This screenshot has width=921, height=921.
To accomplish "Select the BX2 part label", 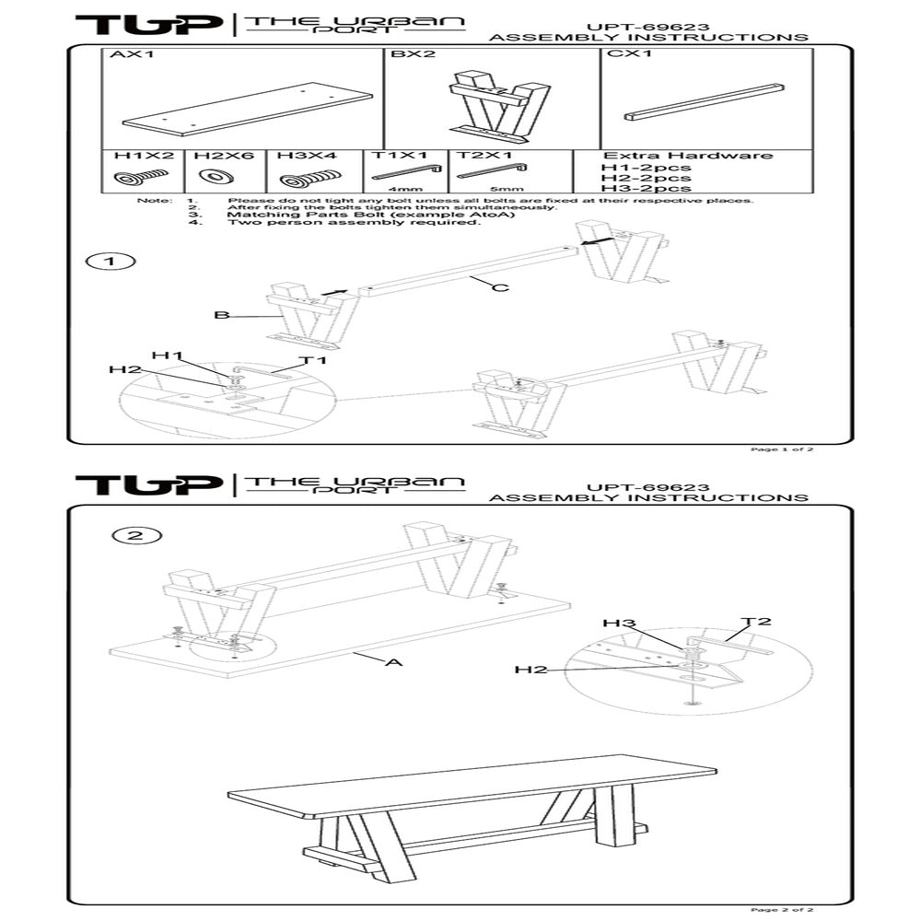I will click(x=413, y=55).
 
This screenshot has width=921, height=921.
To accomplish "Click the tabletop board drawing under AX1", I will click(x=247, y=110).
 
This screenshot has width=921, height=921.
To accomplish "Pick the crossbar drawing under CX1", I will click(x=705, y=102).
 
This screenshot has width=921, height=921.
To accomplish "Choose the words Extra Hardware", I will click(x=687, y=156).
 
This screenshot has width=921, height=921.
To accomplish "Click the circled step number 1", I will click(x=111, y=262).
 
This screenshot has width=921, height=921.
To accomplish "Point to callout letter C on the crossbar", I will click(x=499, y=288).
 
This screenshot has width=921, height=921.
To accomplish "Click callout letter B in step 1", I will click(x=221, y=315).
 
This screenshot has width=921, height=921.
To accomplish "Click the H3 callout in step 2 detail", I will click(x=619, y=624).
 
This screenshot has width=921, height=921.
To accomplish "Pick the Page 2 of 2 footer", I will click(x=782, y=909).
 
